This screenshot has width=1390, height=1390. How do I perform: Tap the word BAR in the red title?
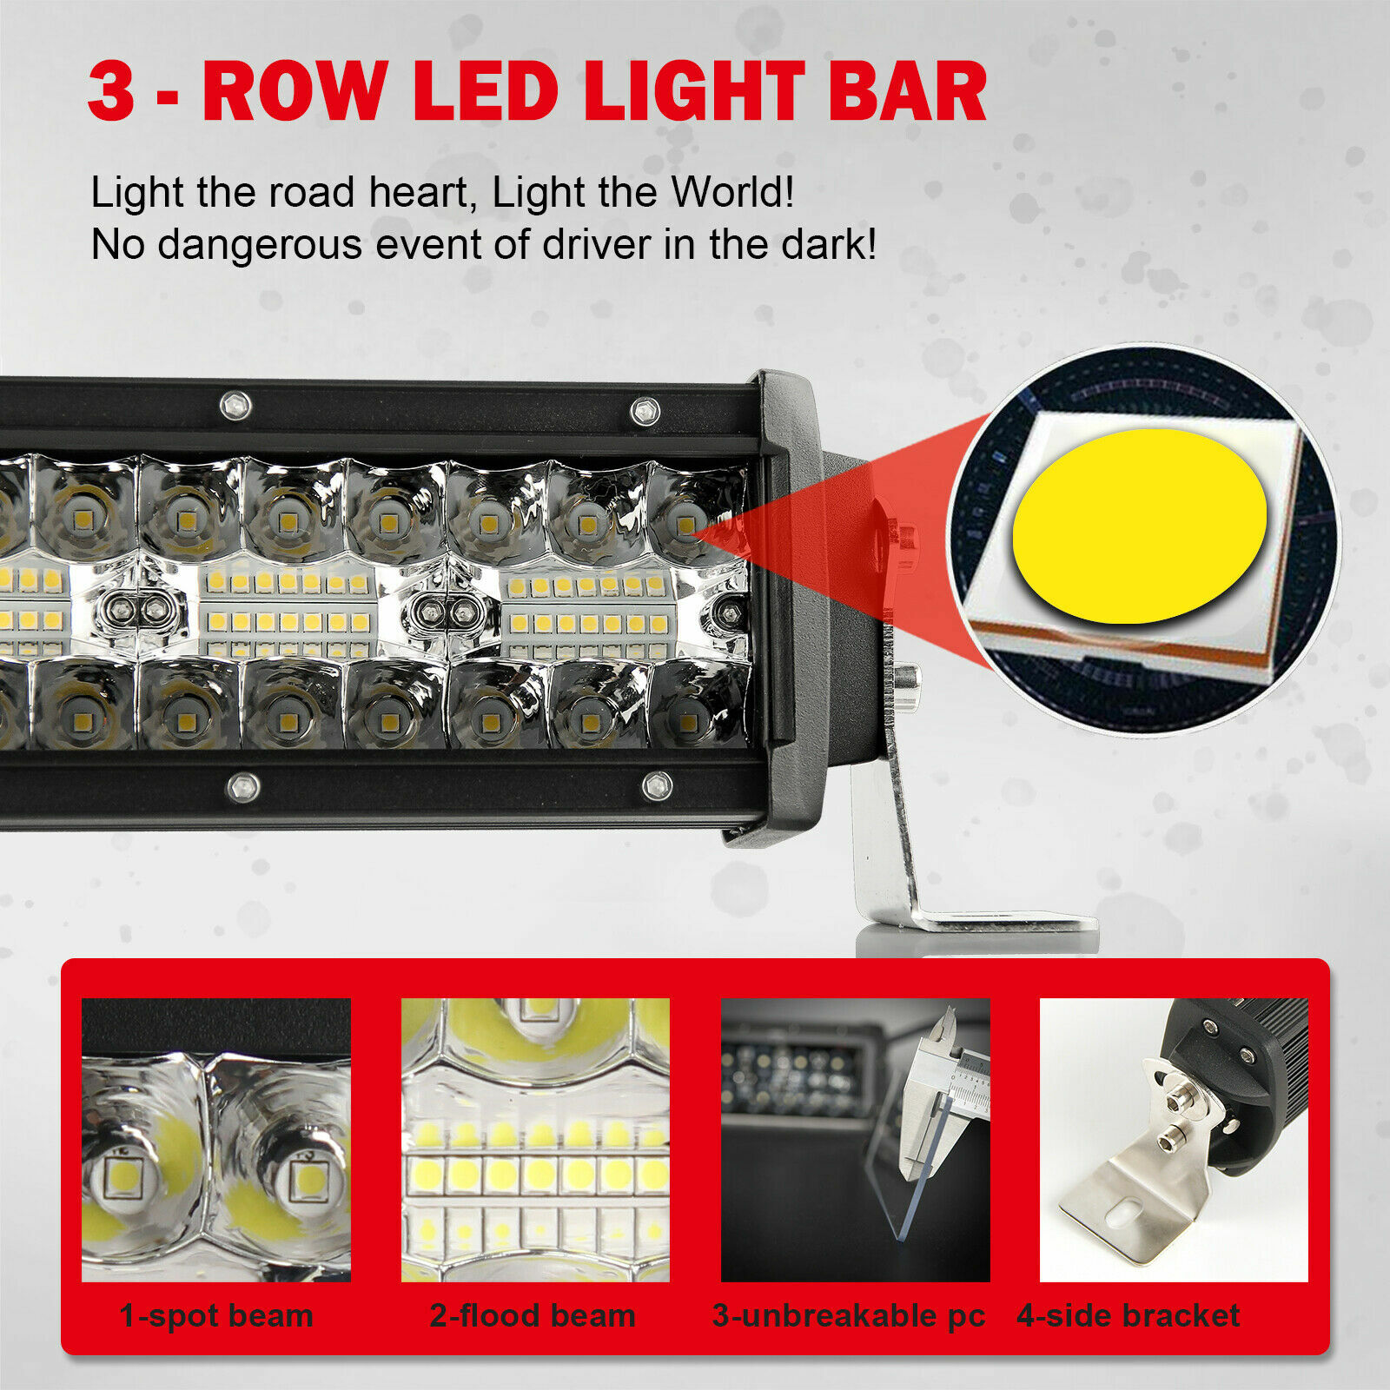(907, 92)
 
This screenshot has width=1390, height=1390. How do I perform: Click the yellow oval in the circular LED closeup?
(1140, 526)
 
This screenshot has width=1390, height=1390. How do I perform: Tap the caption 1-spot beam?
(216, 1315)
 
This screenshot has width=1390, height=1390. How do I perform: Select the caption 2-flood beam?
(533, 1315)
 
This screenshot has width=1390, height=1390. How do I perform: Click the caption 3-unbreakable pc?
(849, 1315)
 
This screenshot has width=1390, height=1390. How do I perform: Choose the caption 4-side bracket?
(1129, 1315)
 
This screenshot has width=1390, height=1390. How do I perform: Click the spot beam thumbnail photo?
(216, 1140)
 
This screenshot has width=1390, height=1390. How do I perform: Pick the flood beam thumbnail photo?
(535, 1140)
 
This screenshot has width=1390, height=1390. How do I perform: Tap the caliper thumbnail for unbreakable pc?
(855, 1140)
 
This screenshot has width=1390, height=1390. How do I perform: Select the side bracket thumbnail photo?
(1174, 1140)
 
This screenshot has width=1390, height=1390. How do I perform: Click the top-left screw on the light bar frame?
(235, 405)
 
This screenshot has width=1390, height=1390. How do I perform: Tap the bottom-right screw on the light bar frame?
(657, 786)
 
